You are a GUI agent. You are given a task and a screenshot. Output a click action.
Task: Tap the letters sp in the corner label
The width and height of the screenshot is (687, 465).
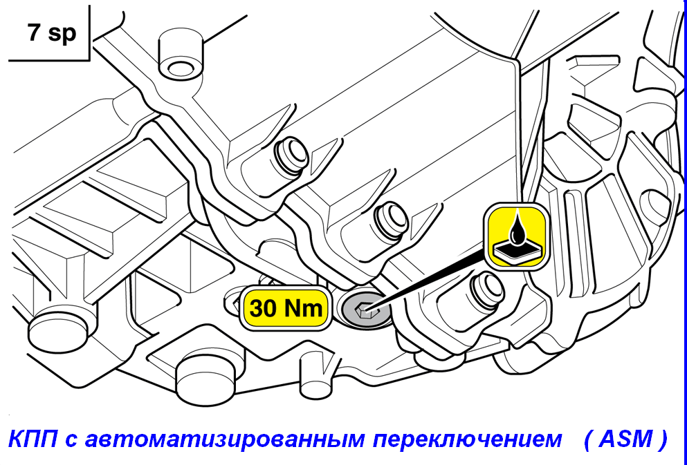coord(62,34)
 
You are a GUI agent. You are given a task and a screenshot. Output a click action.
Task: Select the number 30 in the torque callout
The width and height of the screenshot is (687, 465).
coord(263,308)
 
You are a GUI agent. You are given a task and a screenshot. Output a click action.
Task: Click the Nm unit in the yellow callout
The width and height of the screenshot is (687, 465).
coord(303,308)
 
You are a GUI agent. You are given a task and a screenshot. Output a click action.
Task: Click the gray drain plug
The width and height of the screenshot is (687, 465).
coord(365,310)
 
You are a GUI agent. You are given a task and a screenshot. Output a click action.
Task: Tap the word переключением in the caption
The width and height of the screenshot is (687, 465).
coord(467,439)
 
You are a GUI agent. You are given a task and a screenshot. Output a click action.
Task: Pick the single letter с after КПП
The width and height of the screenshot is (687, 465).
coord(71,442)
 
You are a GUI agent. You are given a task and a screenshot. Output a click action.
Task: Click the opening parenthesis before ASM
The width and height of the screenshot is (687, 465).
coord(588,439)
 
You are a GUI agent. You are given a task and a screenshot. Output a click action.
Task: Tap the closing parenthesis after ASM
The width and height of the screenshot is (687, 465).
coord(662,439)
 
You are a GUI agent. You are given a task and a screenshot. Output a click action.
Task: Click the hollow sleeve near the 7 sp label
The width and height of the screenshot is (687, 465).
coord(181,55)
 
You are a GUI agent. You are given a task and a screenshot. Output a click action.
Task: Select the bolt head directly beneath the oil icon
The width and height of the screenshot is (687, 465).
coord(486,289)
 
